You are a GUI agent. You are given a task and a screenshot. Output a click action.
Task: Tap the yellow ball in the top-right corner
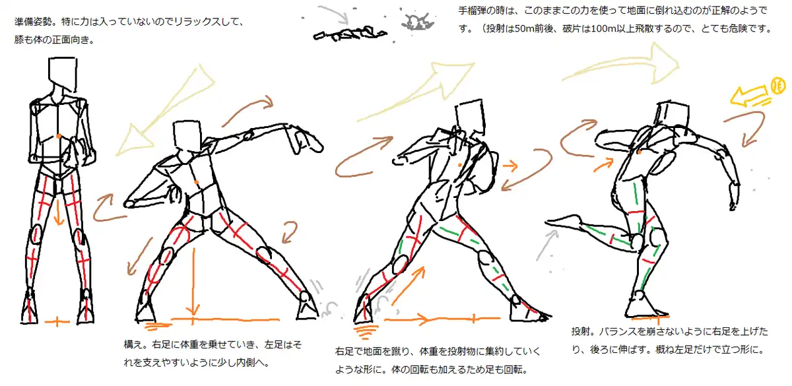777,86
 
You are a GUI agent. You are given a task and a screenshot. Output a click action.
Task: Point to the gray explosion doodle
417,22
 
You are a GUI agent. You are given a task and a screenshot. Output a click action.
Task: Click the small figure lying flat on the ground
350,34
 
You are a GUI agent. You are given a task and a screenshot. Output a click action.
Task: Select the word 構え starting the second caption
133,344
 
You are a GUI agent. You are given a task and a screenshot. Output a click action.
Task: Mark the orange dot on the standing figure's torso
59,136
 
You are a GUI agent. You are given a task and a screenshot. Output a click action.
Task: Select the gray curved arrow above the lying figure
333,14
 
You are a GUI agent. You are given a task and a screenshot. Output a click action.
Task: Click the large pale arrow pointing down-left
164,111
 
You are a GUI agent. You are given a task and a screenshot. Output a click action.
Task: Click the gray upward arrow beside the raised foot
546,245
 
